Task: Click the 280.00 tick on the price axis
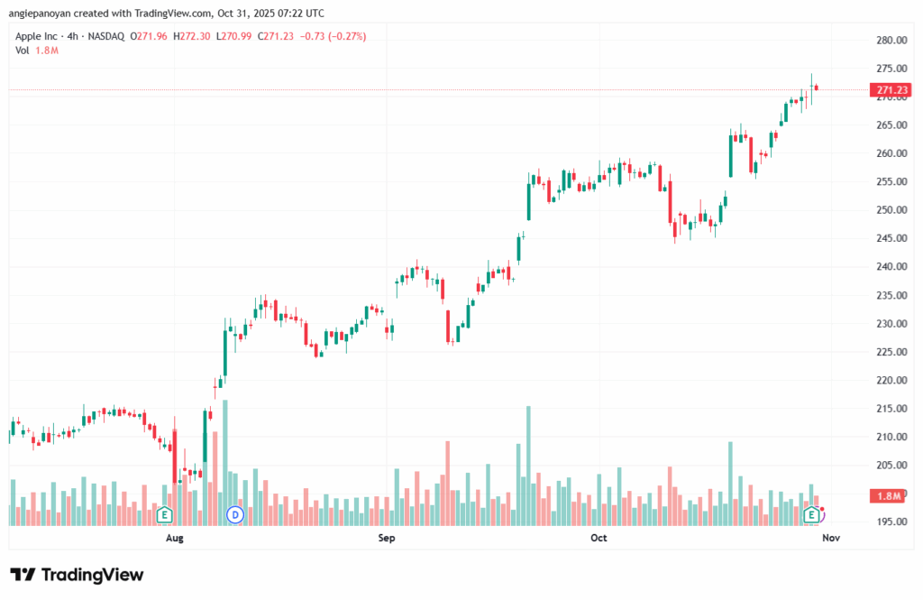(891, 41)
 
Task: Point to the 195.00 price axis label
(891, 522)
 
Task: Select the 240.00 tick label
(891, 267)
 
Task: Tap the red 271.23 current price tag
(891, 90)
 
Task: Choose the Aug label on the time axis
(175, 539)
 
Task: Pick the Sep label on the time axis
(387, 539)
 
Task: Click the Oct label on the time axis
(599, 539)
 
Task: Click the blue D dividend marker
(235, 514)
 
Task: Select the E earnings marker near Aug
(164, 514)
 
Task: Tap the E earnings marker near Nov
(811, 514)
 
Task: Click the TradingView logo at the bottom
(78, 575)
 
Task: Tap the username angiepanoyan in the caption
(42, 13)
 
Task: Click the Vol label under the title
(23, 51)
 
